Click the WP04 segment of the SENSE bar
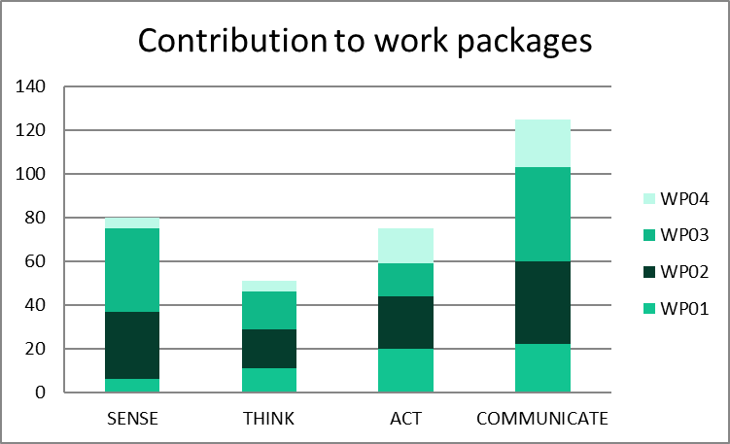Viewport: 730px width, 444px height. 132,222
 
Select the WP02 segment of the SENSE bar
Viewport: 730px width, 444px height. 132,345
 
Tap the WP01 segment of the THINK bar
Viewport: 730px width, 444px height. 269,380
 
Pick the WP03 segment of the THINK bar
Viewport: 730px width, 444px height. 269,310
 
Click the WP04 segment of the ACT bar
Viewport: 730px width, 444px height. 406,246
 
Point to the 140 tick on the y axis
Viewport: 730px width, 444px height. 32,87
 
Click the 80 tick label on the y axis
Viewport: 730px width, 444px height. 36,219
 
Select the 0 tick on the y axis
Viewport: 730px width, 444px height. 41,393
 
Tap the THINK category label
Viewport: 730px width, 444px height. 269,420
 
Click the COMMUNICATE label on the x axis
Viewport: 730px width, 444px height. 542,420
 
